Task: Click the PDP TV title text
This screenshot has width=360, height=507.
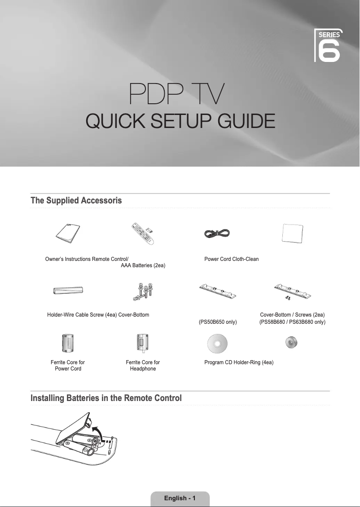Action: tap(180, 94)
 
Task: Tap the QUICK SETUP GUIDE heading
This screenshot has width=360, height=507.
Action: tap(180, 121)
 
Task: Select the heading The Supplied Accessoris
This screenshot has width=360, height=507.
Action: tap(76, 200)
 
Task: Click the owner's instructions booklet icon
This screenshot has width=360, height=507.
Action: tap(68, 233)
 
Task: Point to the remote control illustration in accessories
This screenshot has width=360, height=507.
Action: tap(143, 234)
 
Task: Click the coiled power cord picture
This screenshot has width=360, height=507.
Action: tap(217, 233)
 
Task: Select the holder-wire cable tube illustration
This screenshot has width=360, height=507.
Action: tap(68, 291)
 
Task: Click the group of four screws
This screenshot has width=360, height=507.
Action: tap(143, 291)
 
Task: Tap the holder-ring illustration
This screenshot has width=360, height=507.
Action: tap(292, 343)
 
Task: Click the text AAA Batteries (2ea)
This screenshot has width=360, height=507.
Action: tap(143, 266)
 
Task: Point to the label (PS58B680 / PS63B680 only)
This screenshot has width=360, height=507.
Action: tap(292, 322)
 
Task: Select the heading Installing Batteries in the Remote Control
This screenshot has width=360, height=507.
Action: tap(106, 398)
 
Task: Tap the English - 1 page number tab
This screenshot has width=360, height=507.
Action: tap(180, 498)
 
